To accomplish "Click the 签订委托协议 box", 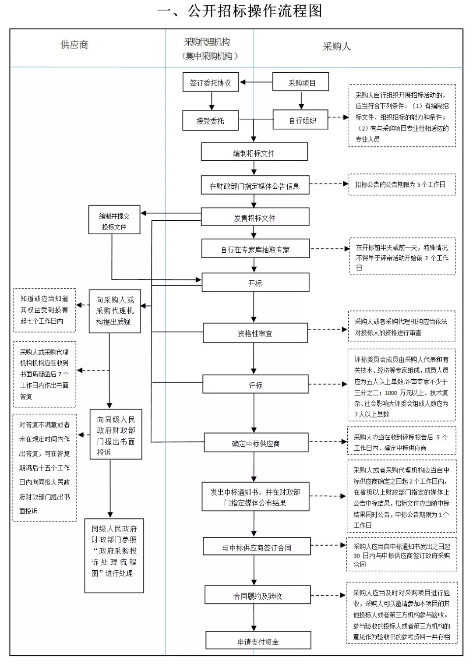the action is (x=211, y=82).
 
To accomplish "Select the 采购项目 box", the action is (x=300, y=82).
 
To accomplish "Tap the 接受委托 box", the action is (x=210, y=120).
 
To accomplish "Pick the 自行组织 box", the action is (x=300, y=120).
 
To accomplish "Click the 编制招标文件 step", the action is (x=254, y=152).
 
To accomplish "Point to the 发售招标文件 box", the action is (x=255, y=217).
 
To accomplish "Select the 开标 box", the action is (x=255, y=283).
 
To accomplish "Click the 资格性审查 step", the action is (x=255, y=333).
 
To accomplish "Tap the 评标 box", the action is (x=255, y=384).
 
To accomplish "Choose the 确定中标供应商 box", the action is (x=256, y=442).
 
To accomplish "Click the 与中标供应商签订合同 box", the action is (x=257, y=546).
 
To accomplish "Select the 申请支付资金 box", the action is (x=258, y=640).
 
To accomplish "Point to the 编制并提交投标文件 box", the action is (x=114, y=219).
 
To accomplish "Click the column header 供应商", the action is (x=74, y=45).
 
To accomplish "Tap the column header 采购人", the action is (x=337, y=46).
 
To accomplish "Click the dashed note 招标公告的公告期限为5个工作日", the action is (x=402, y=184).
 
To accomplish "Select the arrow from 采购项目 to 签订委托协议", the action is (x=256, y=82).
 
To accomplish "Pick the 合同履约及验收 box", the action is (x=258, y=594).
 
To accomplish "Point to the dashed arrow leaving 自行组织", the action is (x=339, y=117).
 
